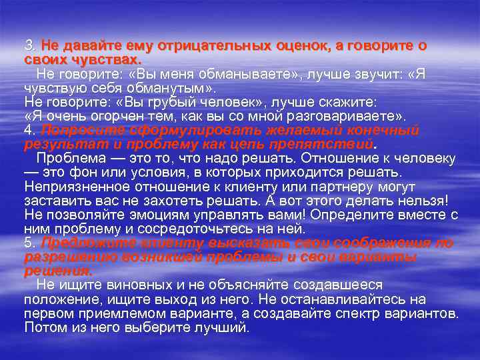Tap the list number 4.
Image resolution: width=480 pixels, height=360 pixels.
(31, 131)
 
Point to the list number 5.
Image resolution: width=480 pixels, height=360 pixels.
(31, 243)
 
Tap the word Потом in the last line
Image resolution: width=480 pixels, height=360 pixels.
(43, 327)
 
